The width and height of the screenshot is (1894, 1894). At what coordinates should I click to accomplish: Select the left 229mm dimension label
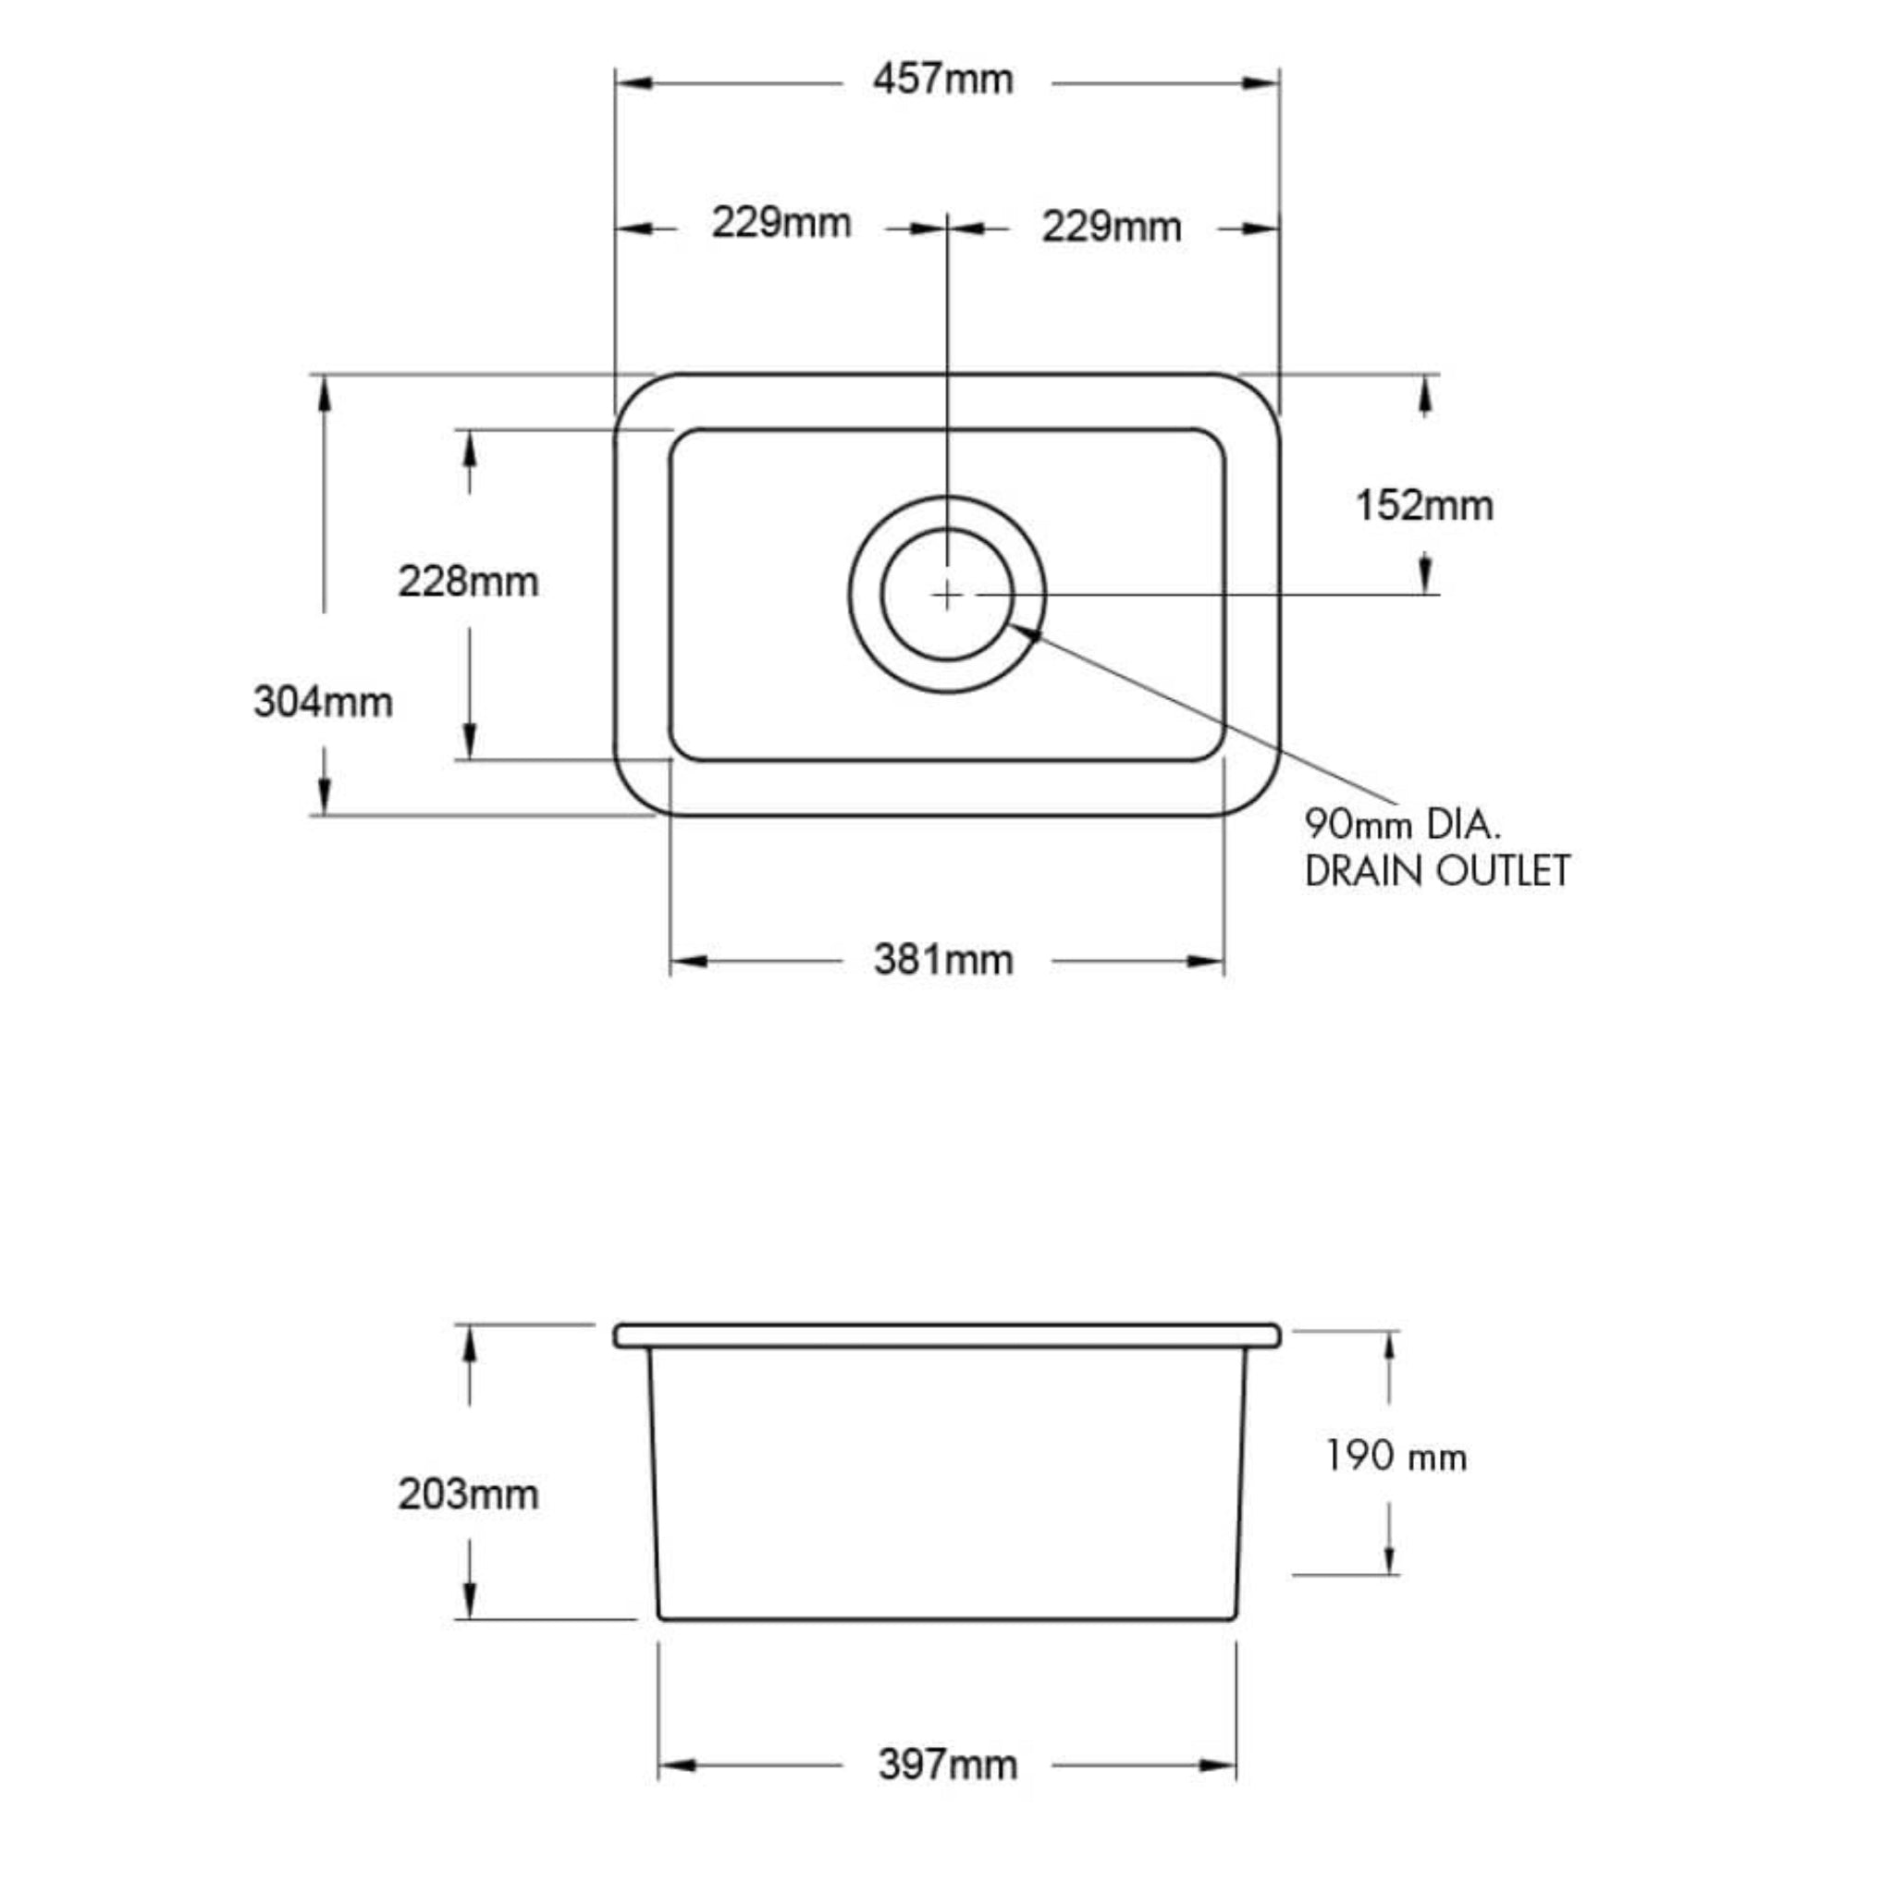point(781,224)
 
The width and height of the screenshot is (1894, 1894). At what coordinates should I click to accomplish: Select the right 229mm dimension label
point(1111,228)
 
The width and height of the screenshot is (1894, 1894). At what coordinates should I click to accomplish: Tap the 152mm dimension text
point(1423,507)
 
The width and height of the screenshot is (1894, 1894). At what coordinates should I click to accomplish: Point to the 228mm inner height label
point(468,583)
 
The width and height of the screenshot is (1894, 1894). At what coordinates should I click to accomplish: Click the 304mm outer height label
point(323,702)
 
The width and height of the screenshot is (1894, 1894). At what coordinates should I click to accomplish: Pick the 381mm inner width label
point(943,960)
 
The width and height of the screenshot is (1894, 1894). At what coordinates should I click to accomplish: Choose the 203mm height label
point(468,1494)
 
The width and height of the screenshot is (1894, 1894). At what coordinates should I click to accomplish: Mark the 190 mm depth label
point(1396,1457)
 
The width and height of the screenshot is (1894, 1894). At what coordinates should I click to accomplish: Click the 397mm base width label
point(947,1765)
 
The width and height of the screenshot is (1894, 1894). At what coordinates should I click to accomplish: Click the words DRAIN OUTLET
point(1436,871)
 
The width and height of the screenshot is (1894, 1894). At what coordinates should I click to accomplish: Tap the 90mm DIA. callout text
point(1402,824)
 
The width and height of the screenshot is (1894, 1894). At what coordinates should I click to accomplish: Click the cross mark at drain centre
point(947,594)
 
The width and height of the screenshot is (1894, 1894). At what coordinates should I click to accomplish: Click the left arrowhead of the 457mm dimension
point(633,83)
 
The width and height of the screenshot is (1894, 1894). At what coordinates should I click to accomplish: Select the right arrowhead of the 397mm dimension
point(1219,1765)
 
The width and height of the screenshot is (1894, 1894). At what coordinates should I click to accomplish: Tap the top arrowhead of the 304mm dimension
point(325,392)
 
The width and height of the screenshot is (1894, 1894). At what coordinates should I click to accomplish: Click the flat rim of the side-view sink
point(947,1335)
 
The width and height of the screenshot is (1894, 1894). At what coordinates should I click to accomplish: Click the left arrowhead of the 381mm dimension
point(688,961)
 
